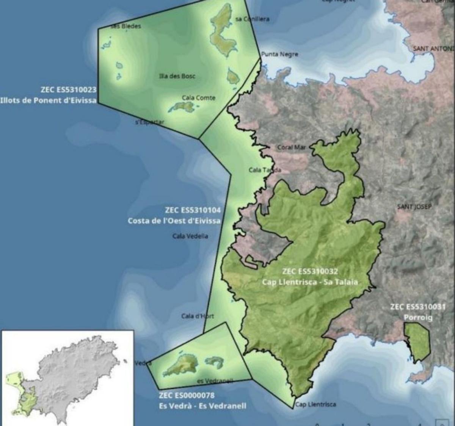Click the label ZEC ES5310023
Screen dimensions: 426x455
(68, 90)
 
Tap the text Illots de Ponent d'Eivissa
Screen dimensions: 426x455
(48, 100)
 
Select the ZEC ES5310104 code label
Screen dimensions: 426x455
(193, 210)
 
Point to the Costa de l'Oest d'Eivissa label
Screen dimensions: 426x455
(174, 221)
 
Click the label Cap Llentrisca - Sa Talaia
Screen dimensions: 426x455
(310, 282)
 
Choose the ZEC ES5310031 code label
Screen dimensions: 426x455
(418, 307)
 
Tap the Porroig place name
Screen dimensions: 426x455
(418, 318)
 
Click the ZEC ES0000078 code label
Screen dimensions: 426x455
(187, 395)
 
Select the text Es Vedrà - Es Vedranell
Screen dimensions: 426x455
(202, 406)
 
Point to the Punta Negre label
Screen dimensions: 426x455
(279, 54)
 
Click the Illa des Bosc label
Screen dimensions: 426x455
(177, 76)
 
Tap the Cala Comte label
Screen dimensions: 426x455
(198, 98)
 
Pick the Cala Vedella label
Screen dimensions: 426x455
(190, 236)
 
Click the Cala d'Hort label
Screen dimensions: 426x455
(198, 316)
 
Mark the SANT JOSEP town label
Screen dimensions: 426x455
(414, 207)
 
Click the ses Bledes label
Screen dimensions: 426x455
(126, 26)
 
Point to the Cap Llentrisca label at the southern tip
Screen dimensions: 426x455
(315, 404)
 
